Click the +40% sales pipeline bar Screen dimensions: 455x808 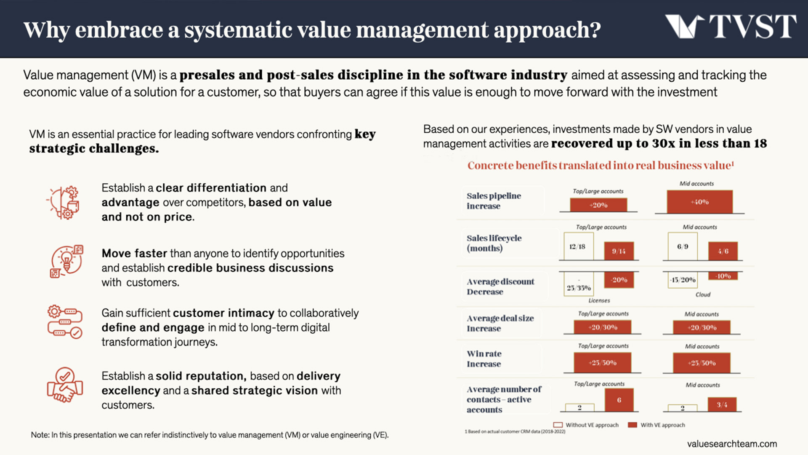pyautogui.click(x=699, y=202)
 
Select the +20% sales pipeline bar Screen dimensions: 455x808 pyautogui.click(x=598, y=205)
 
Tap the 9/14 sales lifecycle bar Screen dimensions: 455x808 pyautogui.click(x=619, y=251)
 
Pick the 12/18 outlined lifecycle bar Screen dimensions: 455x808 pyautogui.click(x=578, y=246)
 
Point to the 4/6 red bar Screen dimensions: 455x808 pyautogui.click(x=723, y=251)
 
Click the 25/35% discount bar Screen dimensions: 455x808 pyautogui.click(x=578, y=284)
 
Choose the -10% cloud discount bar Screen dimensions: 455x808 pyautogui.click(x=723, y=276)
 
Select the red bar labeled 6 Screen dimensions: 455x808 pyautogui.click(x=619, y=400)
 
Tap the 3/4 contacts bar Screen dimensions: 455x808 pyautogui.click(x=722, y=404)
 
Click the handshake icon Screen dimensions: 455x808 pyautogui.click(x=65, y=385)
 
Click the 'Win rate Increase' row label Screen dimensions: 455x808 pyautogui.click(x=484, y=359)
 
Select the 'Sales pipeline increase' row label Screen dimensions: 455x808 pyautogui.click(x=494, y=201)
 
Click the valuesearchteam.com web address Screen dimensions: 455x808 pyautogui.click(x=732, y=444)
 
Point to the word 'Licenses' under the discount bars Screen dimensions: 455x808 pyautogui.click(x=599, y=300)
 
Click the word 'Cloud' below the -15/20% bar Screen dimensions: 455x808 pyautogui.click(x=703, y=294)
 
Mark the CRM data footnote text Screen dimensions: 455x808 pyautogui.click(x=515, y=431)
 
